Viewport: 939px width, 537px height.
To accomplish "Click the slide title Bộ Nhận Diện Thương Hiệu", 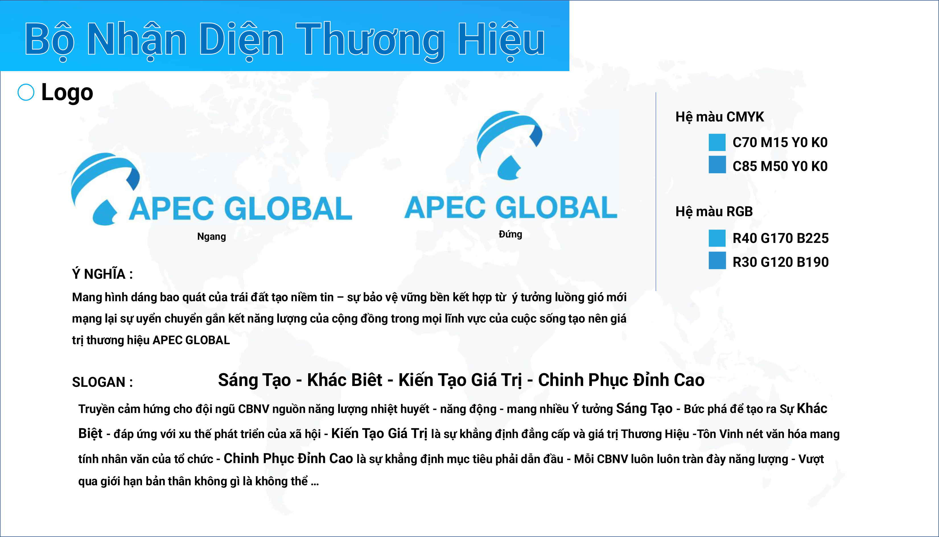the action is pyautogui.click(x=285, y=40).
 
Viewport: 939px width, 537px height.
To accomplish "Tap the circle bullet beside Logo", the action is pyautogui.click(x=26, y=92).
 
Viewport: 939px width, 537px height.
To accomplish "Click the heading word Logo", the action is pyautogui.click(x=67, y=92).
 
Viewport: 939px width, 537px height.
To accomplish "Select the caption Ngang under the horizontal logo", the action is pyautogui.click(x=211, y=237).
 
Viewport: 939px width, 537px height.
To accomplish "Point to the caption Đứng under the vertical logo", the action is pyautogui.click(x=510, y=234).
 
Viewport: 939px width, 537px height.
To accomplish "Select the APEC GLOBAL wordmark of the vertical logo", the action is pyautogui.click(x=511, y=207).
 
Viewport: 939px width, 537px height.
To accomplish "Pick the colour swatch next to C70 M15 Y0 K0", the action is pyautogui.click(x=717, y=142).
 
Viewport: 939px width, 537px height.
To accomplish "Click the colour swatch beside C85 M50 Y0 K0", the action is pyautogui.click(x=717, y=164).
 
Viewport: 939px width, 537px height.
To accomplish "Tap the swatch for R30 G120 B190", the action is pyautogui.click(x=717, y=260).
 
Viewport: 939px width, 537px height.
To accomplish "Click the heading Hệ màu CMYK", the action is pyautogui.click(x=719, y=117).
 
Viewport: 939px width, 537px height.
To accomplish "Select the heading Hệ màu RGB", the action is pyautogui.click(x=714, y=212).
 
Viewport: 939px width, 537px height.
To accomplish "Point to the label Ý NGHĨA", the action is pyautogui.click(x=102, y=274).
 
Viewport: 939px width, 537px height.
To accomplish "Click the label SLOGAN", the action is pyautogui.click(x=102, y=382).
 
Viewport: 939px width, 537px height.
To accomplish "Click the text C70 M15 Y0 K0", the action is pyautogui.click(x=780, y=142).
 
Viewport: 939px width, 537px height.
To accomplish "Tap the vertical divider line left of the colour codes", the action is pyautogui.click(x=656, y=192).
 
